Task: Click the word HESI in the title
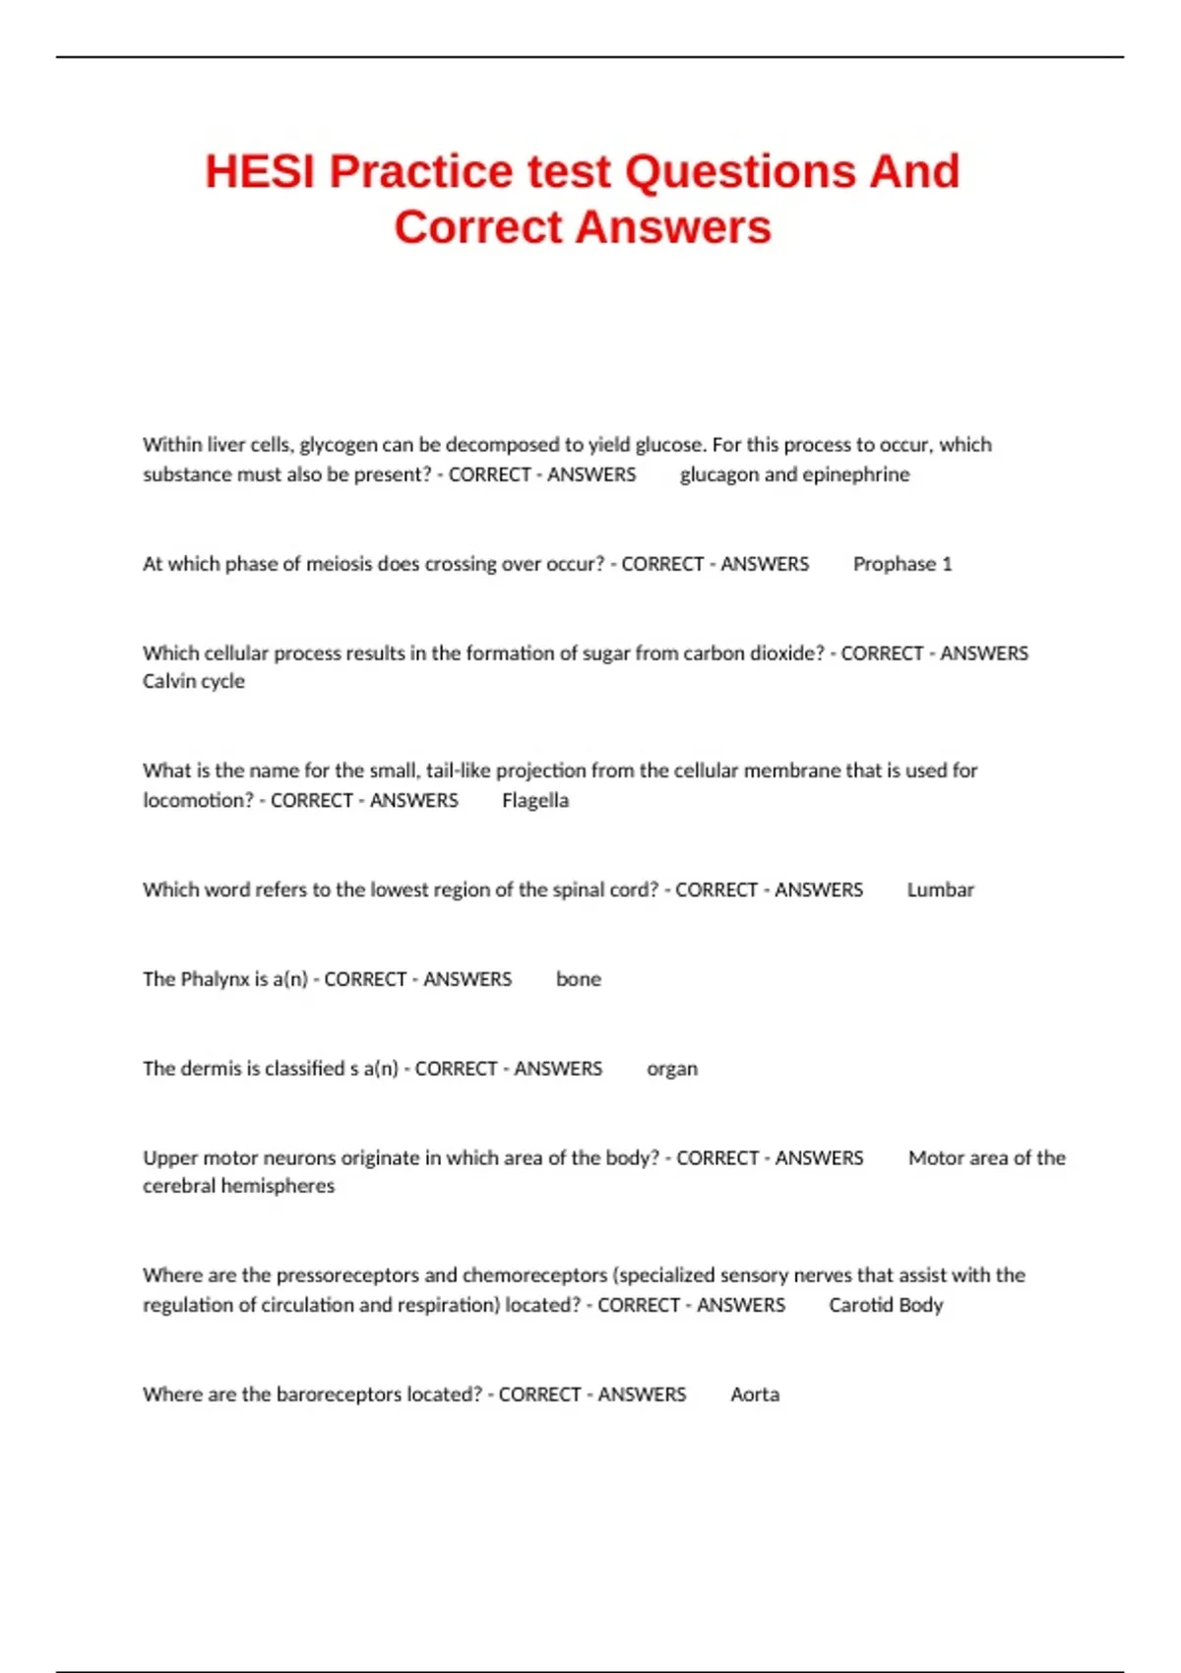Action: pos(260,172)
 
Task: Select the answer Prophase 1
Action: pos(901,564)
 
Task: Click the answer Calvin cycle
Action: pos(194,681)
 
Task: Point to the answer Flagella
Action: pos(534,800)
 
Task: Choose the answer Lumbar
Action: pos(940,890)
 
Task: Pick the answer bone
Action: pos(578,979)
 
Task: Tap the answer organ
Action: pos(672,1069)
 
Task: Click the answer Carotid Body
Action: pos(886,1305)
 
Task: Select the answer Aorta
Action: pos(755,1394)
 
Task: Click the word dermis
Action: pos(208,1069)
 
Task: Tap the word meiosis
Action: pos(340,564)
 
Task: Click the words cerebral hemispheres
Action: pos(238,1186)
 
